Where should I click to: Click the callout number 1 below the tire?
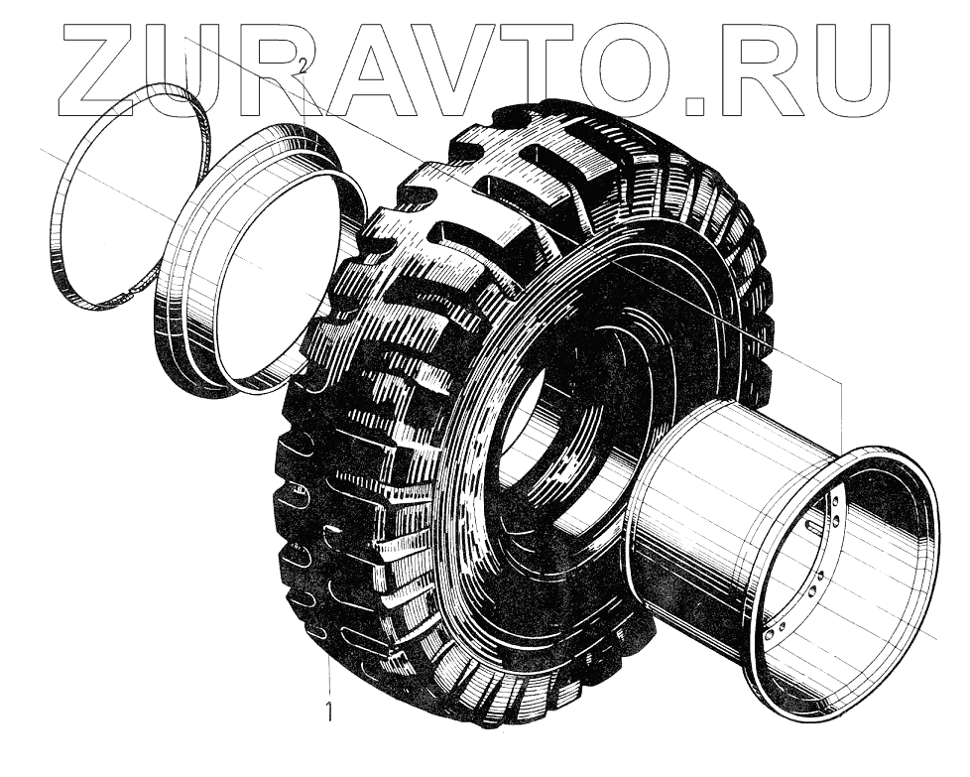pos(329,712)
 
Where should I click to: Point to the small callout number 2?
pos(302,65)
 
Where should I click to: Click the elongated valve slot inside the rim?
pos(815,527)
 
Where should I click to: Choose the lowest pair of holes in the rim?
pos(774,630)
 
